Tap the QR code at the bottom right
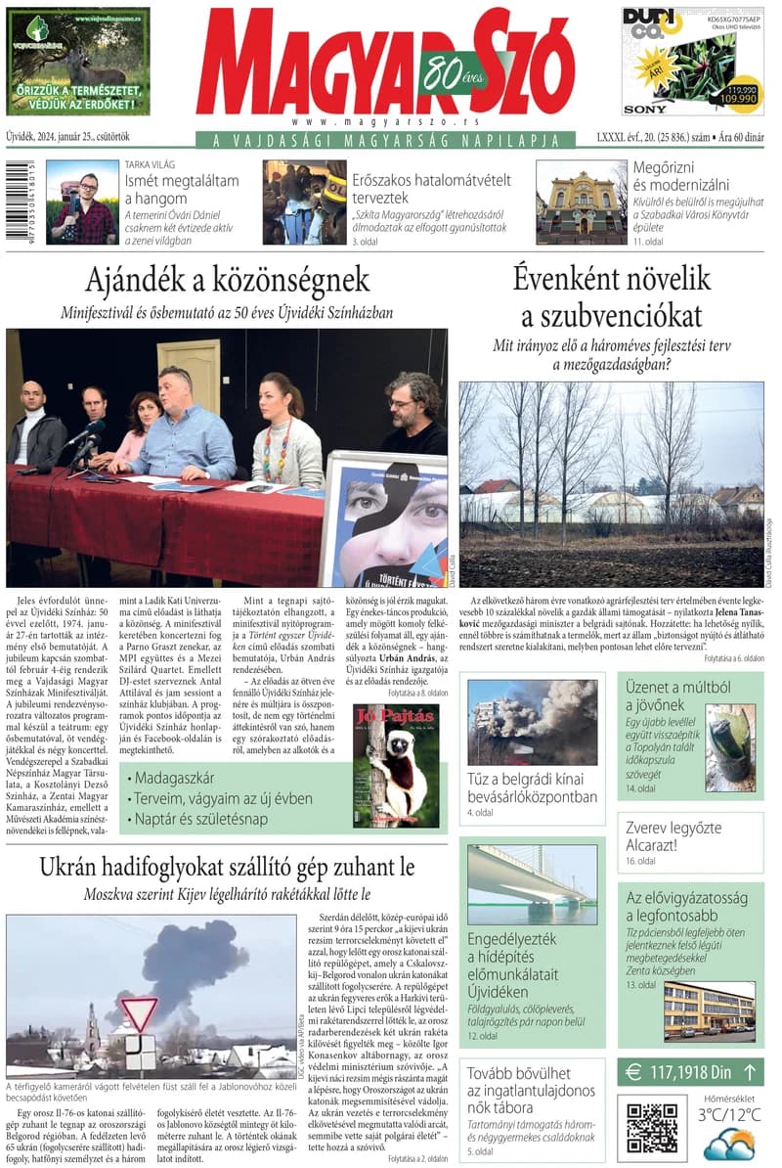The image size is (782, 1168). pyautogui.click(x=652, y=1128)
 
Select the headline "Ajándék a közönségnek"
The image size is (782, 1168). pyautogui.click(x=227, y=281)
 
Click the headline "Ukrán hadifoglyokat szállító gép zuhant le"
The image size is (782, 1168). pyautogui.click(x=227, y=867)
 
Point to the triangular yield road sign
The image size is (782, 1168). pyautogui.click(x=139, y=1014)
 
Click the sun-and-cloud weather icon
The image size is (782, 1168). pyautogui.click(x=728, y=1144)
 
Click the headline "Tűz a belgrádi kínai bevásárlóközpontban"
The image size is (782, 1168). pyautogui.click(x=532, y=787)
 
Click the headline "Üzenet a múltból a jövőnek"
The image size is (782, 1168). pyautogui.click(x=664, y=695)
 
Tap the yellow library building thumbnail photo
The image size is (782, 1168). pyautogui.click(x=581, y=202)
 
